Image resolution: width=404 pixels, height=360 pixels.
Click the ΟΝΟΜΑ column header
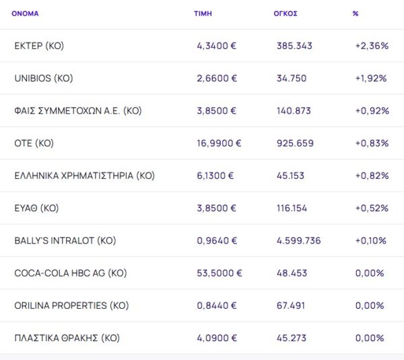[x=25, y=13]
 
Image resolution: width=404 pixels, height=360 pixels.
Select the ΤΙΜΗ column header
[x=203, y=13]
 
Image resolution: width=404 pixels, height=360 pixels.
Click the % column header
[x=356, y=13]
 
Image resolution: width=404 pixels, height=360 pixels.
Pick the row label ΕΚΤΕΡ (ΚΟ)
[x=39, y=46]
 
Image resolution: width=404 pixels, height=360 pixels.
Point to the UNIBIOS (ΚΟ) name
[x=44, y=78]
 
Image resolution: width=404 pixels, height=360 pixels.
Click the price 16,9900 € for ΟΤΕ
[x=219, y=143]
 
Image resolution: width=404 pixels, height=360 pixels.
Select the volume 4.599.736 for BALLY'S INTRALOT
[x=299, y=240]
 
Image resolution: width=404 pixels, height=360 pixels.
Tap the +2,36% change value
[x=372, y=46]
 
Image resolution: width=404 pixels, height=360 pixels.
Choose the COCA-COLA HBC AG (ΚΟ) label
[x=71, y=273]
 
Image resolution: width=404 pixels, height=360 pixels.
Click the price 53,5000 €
[x=219, y=273]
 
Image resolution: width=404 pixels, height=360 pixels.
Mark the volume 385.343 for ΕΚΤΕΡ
[x=295, y=46]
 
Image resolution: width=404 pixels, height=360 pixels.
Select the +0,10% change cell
[x=372, y=240]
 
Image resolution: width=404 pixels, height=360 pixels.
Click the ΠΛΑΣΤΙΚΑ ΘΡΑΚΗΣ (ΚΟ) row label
[x=67, y=338]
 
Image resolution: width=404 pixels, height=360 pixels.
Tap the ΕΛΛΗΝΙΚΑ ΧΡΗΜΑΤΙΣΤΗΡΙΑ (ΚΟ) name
[x=84, y=176]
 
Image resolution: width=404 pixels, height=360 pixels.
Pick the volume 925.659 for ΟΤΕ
[x=295, y=143]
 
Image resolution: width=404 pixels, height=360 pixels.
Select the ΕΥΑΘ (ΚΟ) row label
[x=36, y=208]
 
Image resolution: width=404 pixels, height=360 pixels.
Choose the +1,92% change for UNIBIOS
[x=372, y=78]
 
